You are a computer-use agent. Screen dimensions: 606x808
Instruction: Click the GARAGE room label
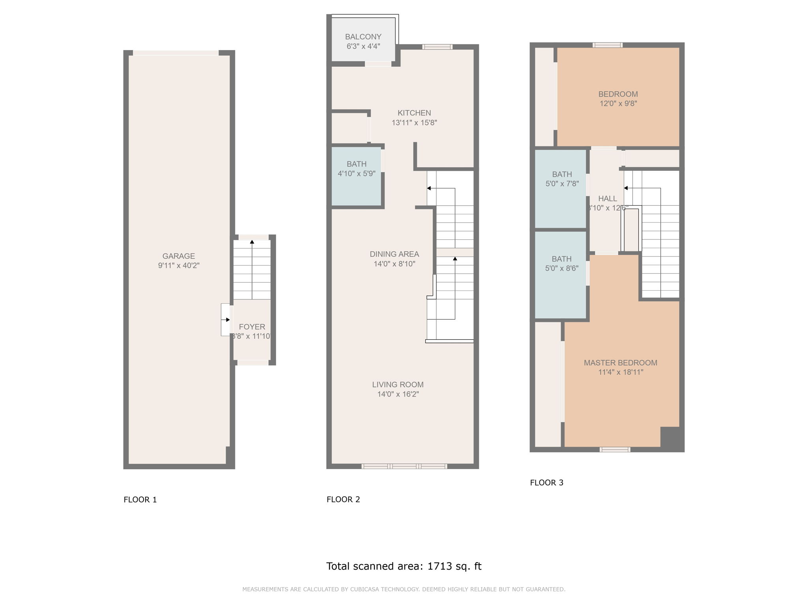tap(179, 256)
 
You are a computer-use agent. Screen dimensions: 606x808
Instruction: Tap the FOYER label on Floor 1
tap(252, 327)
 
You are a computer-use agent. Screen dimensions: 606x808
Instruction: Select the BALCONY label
tap(363, 37)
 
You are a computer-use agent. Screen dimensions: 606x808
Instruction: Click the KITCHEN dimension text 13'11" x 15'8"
tap(414, 123)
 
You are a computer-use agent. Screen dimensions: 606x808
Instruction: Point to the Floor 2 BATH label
tap(356, 164)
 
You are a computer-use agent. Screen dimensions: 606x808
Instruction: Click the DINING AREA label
tap(394, 254)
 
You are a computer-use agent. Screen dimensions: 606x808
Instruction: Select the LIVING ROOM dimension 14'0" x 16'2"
tap(398, 394)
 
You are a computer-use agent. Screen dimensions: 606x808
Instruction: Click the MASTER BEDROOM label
tap(620, 363)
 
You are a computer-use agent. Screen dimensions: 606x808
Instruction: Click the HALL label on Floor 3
tap(607, 198)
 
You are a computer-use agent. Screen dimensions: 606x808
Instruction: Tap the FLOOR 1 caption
tap(140, 499)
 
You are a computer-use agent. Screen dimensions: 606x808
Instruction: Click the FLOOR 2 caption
tap(343, 499)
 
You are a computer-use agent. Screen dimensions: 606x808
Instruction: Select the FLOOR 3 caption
tap(546, 483)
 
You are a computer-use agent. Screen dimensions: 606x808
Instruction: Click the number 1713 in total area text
tap(439, 566)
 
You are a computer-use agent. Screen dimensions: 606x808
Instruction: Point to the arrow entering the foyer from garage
tap(226, 320)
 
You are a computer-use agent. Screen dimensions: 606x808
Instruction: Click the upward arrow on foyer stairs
tap(252, 242)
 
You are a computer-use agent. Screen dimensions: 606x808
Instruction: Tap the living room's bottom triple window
tap(404, 466)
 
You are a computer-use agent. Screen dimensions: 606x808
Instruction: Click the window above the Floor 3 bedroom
tap(608, 45)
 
